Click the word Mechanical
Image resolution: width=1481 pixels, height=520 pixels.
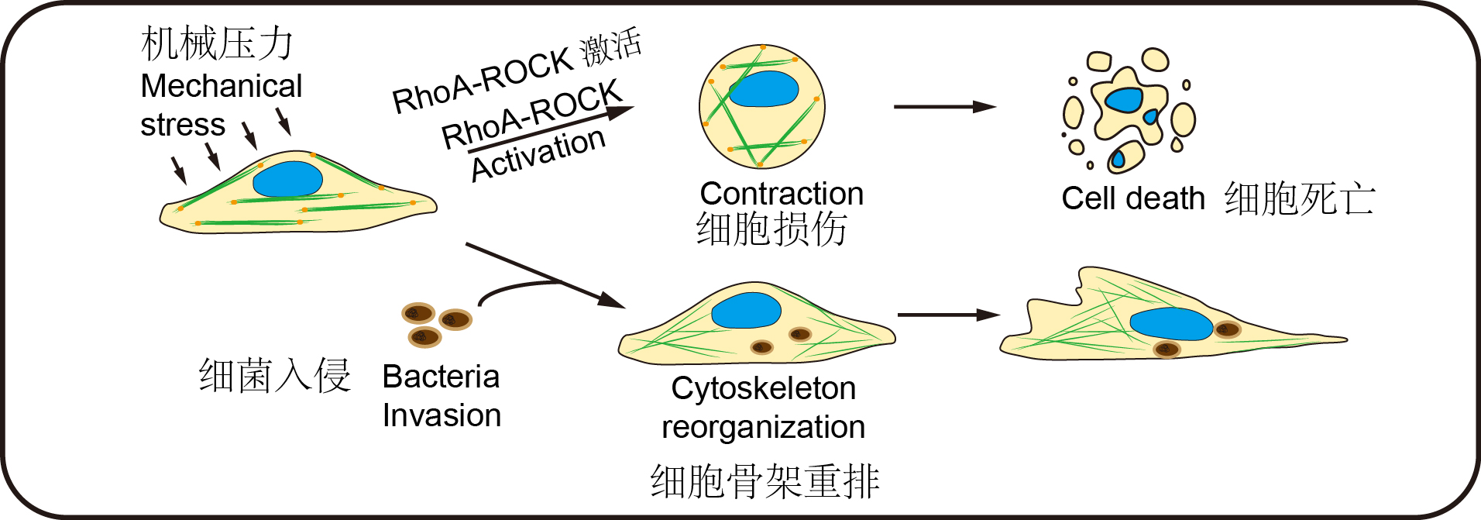coord(221,86)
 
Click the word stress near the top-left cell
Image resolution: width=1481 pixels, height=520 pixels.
coord(183,125)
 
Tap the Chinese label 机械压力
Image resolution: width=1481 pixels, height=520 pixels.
coord(218,43)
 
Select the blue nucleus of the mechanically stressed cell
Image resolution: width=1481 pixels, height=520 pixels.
coord(287,179)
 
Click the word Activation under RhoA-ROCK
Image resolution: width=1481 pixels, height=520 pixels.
coord(538,153)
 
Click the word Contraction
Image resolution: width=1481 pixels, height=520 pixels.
coord(782,194)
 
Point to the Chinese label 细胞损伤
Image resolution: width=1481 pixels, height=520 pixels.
coord(771,229)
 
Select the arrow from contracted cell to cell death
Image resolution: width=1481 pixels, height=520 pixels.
coord(944,107)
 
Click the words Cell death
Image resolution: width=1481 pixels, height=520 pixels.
coord(1133,198)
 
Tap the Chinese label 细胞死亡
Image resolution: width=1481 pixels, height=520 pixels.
coord(1299,199)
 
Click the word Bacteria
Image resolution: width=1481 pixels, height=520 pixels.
coord(441,377)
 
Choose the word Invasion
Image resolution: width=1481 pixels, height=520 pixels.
coord(442,415)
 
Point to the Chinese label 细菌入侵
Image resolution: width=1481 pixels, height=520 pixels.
coord(275,376)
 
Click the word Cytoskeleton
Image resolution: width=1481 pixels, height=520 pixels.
coord(763,388)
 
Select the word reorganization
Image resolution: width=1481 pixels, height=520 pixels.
coord(763,427)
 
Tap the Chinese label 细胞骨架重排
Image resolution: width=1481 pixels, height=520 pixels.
coord(765,481)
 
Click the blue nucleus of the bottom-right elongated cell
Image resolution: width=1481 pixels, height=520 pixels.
coord(1170,324)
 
